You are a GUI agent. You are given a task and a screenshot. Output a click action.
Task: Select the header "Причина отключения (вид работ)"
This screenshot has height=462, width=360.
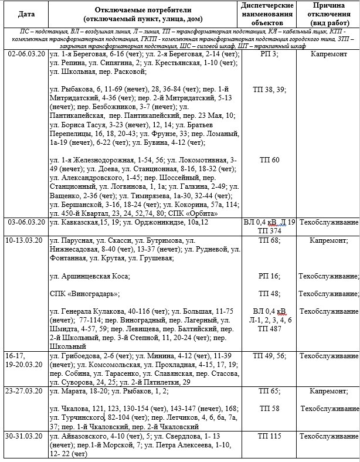tap(329, 13)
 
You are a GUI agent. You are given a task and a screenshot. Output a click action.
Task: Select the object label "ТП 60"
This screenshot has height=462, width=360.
tap(269, 159)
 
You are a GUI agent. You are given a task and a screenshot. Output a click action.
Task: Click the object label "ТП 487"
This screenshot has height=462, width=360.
tap(269, 328)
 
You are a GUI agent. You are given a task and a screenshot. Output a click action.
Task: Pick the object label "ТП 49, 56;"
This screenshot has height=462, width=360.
tap(269, 356)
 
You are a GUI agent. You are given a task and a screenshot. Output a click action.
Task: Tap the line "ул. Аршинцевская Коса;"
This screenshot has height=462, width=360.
tap(89, 276)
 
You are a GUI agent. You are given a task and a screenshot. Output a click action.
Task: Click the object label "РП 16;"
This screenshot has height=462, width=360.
tap(269, 276)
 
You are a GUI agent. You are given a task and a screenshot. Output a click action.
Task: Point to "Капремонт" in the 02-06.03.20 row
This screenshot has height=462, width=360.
tap(329, 54)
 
